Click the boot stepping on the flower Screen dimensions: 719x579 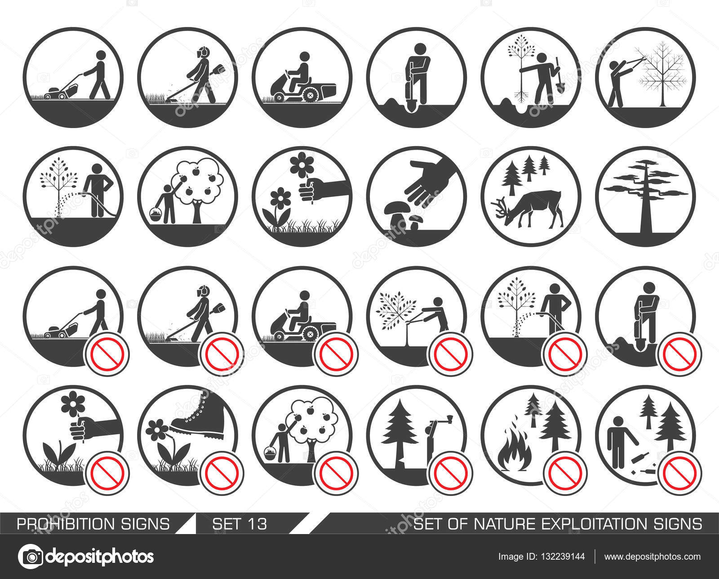pyautogui.click(x=198, y=419)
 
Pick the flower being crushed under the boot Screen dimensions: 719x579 pyautogui.click(x=156, y=430)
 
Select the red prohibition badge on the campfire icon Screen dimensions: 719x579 pyautogui.click(x=565, y=473)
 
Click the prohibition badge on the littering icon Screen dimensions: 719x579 pyautogui.click(x=679, y=473)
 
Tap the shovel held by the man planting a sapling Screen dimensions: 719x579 pyautogui.click(x=558, y=76)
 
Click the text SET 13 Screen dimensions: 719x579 pyautogui.click(x=240, y=524)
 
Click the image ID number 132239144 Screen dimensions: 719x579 pyautogui.click(x=563, y=557)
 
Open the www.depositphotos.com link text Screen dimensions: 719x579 pyautogui.click(x=652, y=557)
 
